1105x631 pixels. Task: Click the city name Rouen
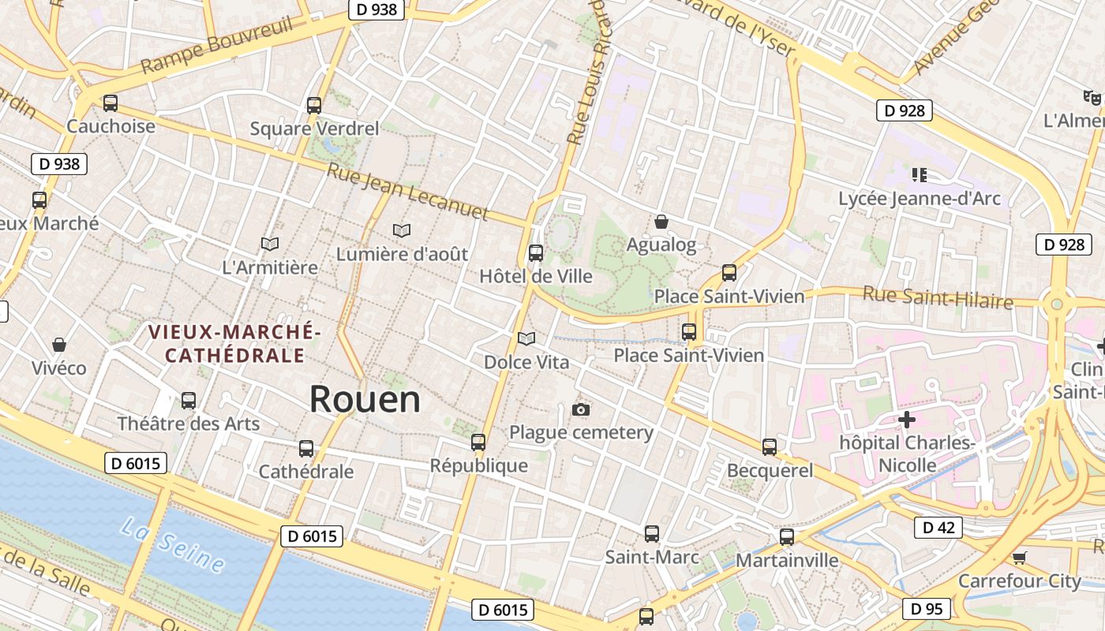[364, 399]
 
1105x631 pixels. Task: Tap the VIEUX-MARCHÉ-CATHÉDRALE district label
[234, 344]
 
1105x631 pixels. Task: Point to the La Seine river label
[172, 543]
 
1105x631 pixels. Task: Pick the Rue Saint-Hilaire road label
[937, 297]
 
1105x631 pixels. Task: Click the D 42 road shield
[938, 528]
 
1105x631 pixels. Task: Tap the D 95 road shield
[927, 609]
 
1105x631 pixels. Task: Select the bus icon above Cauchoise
[110, 103]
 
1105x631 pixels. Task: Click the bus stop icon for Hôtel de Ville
[536, 253]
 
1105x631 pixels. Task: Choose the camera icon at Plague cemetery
[581, 409]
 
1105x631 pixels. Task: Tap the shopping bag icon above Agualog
[661, 222]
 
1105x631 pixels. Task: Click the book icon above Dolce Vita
[526, 338]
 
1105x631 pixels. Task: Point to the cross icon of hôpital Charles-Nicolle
[907, 420]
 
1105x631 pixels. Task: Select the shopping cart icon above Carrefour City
[1019, 558]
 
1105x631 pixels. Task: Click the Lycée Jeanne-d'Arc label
[920, 199]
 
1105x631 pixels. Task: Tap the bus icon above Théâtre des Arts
[188, 401]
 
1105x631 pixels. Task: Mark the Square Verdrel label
[314, 128]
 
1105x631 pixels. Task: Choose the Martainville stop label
[787, 560]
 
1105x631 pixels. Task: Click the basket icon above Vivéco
[59, 345]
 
